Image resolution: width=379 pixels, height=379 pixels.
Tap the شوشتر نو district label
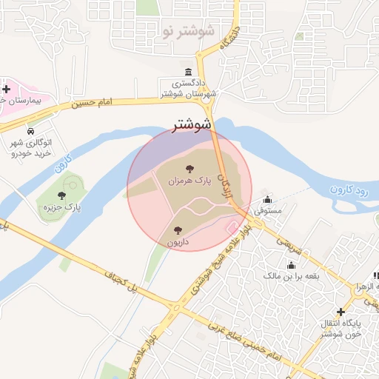pyautogui.click(x=187, y=31)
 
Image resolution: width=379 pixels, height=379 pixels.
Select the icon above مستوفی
pyautogui.click(x=267, y=200)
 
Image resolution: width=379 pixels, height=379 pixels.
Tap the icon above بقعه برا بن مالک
pyautogui.click(x=291, y=264)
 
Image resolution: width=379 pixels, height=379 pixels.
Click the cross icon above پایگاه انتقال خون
pyautogui.click(x=340, y=312)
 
